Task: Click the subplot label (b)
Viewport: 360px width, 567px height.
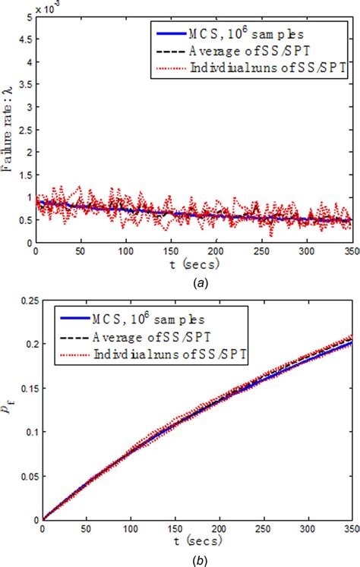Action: click(x=194, y=560)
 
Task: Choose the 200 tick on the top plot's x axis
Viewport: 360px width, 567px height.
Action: click(x=216, y=251)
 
